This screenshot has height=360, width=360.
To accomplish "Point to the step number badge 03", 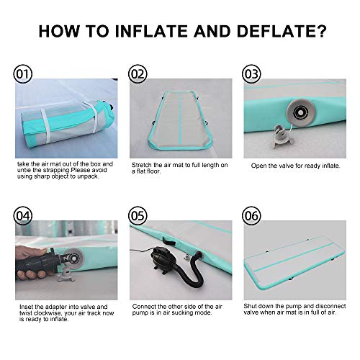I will point(251,74).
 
